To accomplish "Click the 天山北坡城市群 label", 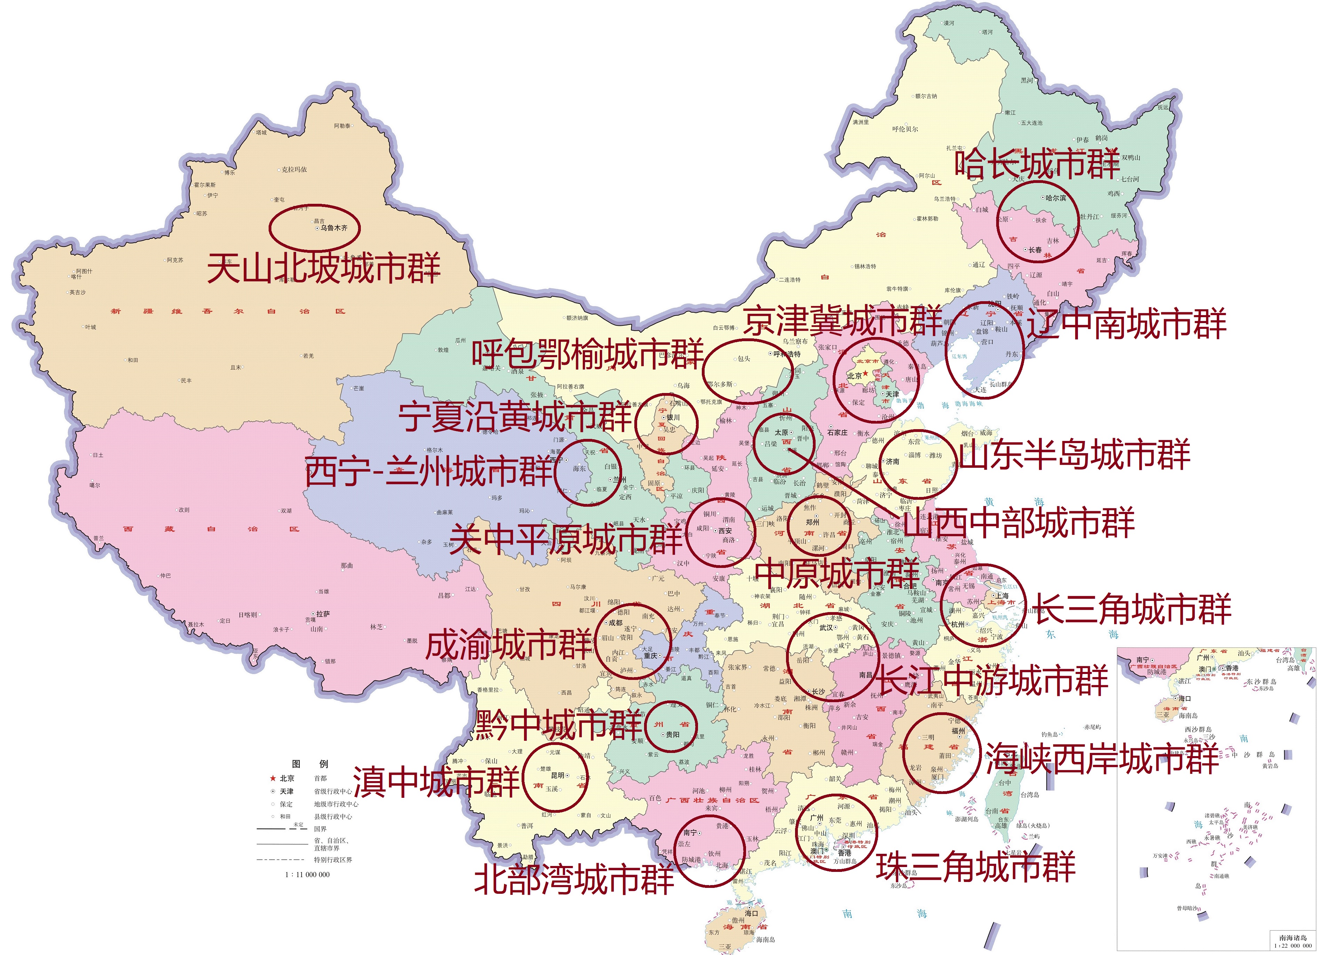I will coord(324,268).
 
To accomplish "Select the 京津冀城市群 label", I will coord(843,320).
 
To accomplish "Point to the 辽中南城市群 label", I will coord(1127,324).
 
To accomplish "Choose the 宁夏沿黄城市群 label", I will coord(515,417).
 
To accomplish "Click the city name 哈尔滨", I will coord(1056,198).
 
